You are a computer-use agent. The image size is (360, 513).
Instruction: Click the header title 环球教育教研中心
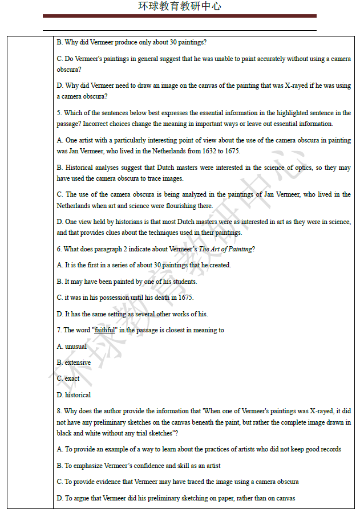pos(180,6)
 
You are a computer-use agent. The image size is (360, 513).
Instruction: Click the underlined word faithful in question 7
pos(104,330)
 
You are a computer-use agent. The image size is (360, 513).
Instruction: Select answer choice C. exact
pos(68,378)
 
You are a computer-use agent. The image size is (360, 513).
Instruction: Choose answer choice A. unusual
pos(71,347)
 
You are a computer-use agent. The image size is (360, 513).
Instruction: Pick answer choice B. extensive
pos(74,363)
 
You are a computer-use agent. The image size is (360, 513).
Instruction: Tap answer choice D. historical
pos(74,395)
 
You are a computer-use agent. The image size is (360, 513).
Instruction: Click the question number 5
pos(59,113)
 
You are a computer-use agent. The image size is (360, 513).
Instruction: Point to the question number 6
pos(59,249)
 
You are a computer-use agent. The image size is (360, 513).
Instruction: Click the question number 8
pos(59,411)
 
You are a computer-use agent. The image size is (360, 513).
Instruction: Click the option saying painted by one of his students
pos(131,282)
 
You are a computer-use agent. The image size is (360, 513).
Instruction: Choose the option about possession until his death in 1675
pos(125,298)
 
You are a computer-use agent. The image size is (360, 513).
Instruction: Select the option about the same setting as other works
pos(132,314)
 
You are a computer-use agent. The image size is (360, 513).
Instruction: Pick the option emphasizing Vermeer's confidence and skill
pos(139,466)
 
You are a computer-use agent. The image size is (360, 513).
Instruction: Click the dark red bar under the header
pos(180,16)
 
